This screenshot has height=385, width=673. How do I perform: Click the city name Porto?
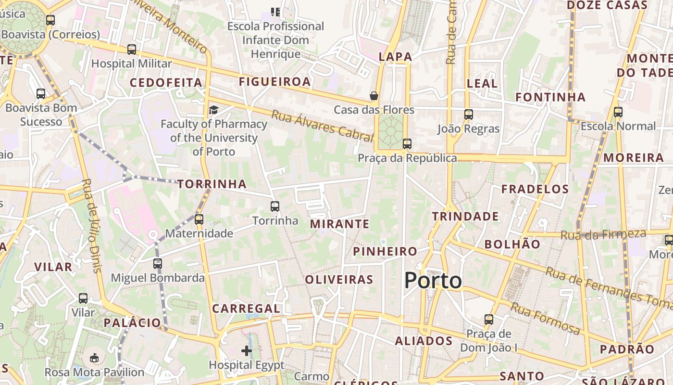(433, 281)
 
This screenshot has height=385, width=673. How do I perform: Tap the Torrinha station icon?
(275, 206)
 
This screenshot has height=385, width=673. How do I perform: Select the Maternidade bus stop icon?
(199, 219)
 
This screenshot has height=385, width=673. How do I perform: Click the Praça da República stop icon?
(407, 143)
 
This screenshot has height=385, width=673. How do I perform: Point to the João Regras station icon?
(469, 115)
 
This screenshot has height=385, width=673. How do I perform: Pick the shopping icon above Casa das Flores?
(374, 96)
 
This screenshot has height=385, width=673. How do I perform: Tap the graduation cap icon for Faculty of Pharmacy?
(213, 110)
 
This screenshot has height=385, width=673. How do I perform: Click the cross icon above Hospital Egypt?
(247, 351)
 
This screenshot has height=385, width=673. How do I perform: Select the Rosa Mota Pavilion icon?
(94, 358)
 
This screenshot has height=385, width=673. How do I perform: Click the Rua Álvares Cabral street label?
(322, 126)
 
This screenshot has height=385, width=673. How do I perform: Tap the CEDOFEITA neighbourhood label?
(166, 83)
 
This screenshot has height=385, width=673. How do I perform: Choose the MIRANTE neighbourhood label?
(339, 224)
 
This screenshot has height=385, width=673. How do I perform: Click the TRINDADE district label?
(465, 217)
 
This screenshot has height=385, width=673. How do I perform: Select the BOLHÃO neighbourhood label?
(512, 244)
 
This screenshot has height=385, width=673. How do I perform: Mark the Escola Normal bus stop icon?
(618, 112)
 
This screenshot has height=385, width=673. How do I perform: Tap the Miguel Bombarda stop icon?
(158, 264)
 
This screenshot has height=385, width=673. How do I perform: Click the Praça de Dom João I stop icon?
(489, 320)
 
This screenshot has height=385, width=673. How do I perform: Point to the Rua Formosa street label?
(545, 319)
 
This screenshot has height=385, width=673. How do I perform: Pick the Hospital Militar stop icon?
(132, 50)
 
